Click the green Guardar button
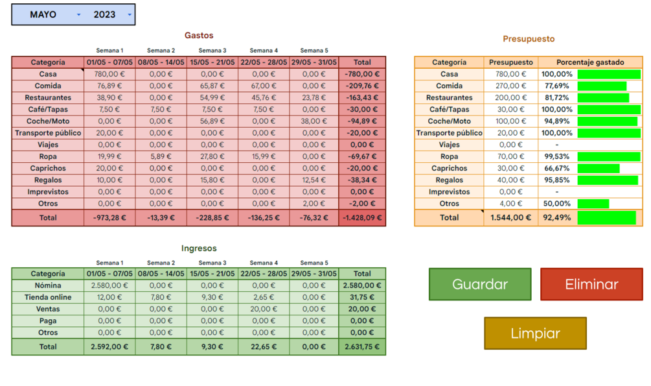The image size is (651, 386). (479, 284)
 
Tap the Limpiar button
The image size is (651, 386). (535, 333)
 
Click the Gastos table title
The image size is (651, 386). (198, 36)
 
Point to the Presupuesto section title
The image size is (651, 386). (529, 39)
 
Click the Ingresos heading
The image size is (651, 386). (198, 248)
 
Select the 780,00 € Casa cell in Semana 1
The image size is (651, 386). (109, 74)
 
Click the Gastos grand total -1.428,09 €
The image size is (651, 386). (362, 218)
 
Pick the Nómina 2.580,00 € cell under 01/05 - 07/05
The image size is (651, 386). (109, 285)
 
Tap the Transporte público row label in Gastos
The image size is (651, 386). (48, 133)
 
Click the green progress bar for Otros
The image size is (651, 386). (593, 204)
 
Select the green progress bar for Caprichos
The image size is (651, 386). (598, 169)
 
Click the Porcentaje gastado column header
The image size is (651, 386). (590, 62)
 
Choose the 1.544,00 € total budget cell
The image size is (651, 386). (510, 218)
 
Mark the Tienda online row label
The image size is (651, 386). (48, 297)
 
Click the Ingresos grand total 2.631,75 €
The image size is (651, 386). (362, 346)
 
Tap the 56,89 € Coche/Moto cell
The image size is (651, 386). (212, 121)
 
